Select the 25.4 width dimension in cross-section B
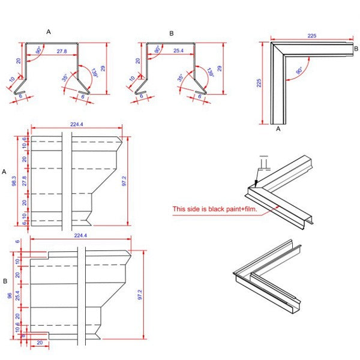coord(178,52)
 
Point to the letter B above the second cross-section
coord(171,33)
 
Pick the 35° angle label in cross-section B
coord(180,78)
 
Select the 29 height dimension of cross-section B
coord(220,68)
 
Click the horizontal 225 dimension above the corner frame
coord(311,35)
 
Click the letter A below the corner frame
coord(278,128)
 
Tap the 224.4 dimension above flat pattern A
coord(76,124)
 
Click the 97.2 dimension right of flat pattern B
coord(140,295)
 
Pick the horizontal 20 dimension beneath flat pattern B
coord(39,343)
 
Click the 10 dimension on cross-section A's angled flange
coord(13,80)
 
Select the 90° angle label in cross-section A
coord(40,50)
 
